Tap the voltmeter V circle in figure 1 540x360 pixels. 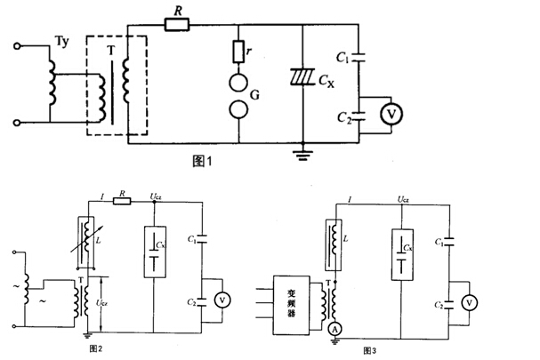[x=388, y=112]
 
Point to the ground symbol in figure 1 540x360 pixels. [x=303, y=154]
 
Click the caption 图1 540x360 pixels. [x=206, y=162]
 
